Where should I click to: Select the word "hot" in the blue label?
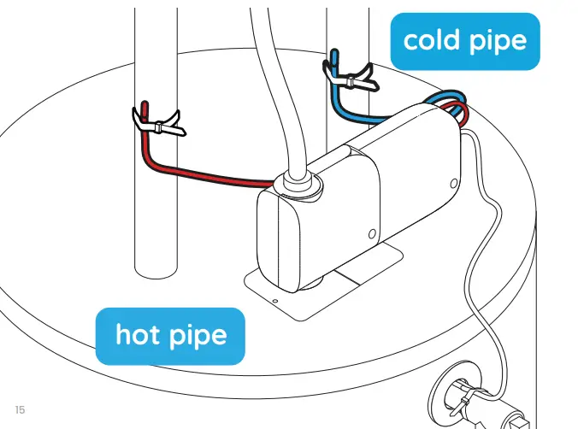pos(139,333)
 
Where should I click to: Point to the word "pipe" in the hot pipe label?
pos(201,335)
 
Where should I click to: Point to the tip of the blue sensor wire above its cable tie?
pos(336,56)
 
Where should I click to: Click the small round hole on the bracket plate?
pos(274,300)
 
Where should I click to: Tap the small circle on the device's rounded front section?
pos(371,233)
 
